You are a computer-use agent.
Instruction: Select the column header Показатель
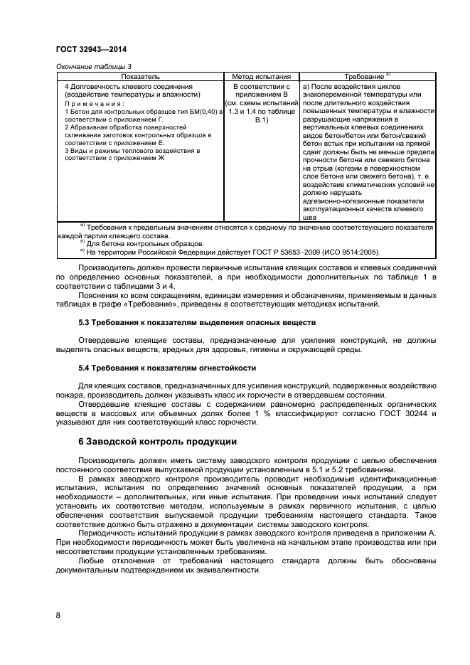(139, 75)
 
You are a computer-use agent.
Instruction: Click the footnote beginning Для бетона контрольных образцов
(132, 243)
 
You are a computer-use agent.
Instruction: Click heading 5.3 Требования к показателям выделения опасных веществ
(197, 322)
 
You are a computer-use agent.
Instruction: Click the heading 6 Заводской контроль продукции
(157, 442)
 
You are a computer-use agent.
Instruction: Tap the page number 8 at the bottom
(58, 616)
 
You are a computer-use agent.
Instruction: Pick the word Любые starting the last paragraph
(92, 560)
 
